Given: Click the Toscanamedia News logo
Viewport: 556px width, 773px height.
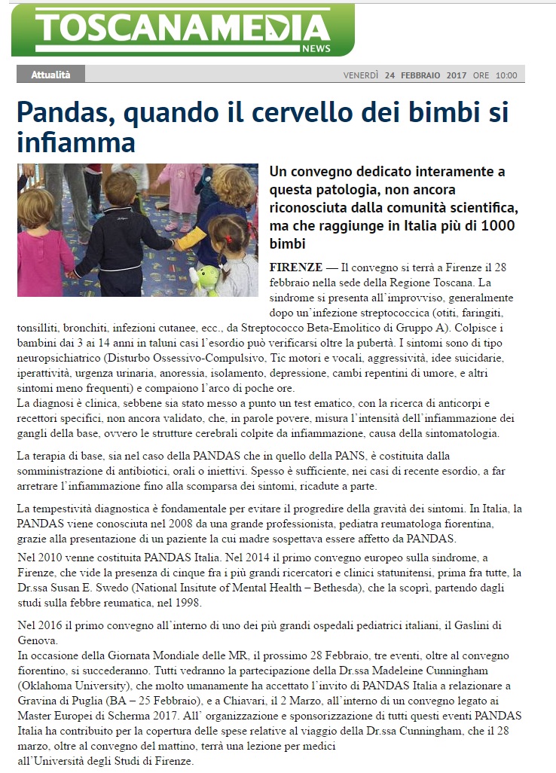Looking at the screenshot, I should (182, 29).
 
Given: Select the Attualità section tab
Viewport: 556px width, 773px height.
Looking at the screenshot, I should (50, 75).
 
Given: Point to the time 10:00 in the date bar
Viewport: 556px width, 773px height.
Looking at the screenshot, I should (506, 75).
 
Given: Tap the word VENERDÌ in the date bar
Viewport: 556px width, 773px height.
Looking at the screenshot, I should (361, 75).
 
